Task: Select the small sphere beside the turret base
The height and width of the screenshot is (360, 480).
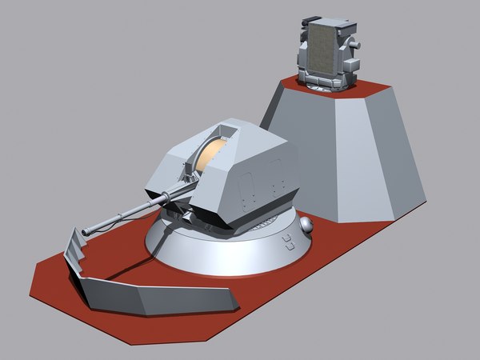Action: point(306,226)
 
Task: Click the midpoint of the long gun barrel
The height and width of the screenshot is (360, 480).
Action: point(128,212)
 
